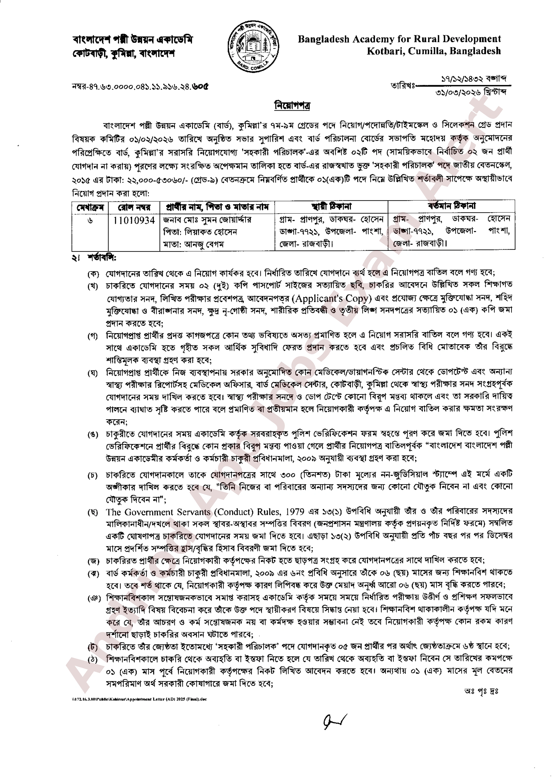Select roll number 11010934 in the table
[134, 220]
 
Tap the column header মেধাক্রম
[90, 207]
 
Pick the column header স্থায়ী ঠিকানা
[331, 207]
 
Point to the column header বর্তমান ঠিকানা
[451, 206]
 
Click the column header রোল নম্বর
[134, 207]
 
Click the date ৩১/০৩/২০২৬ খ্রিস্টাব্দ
[471, 92]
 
